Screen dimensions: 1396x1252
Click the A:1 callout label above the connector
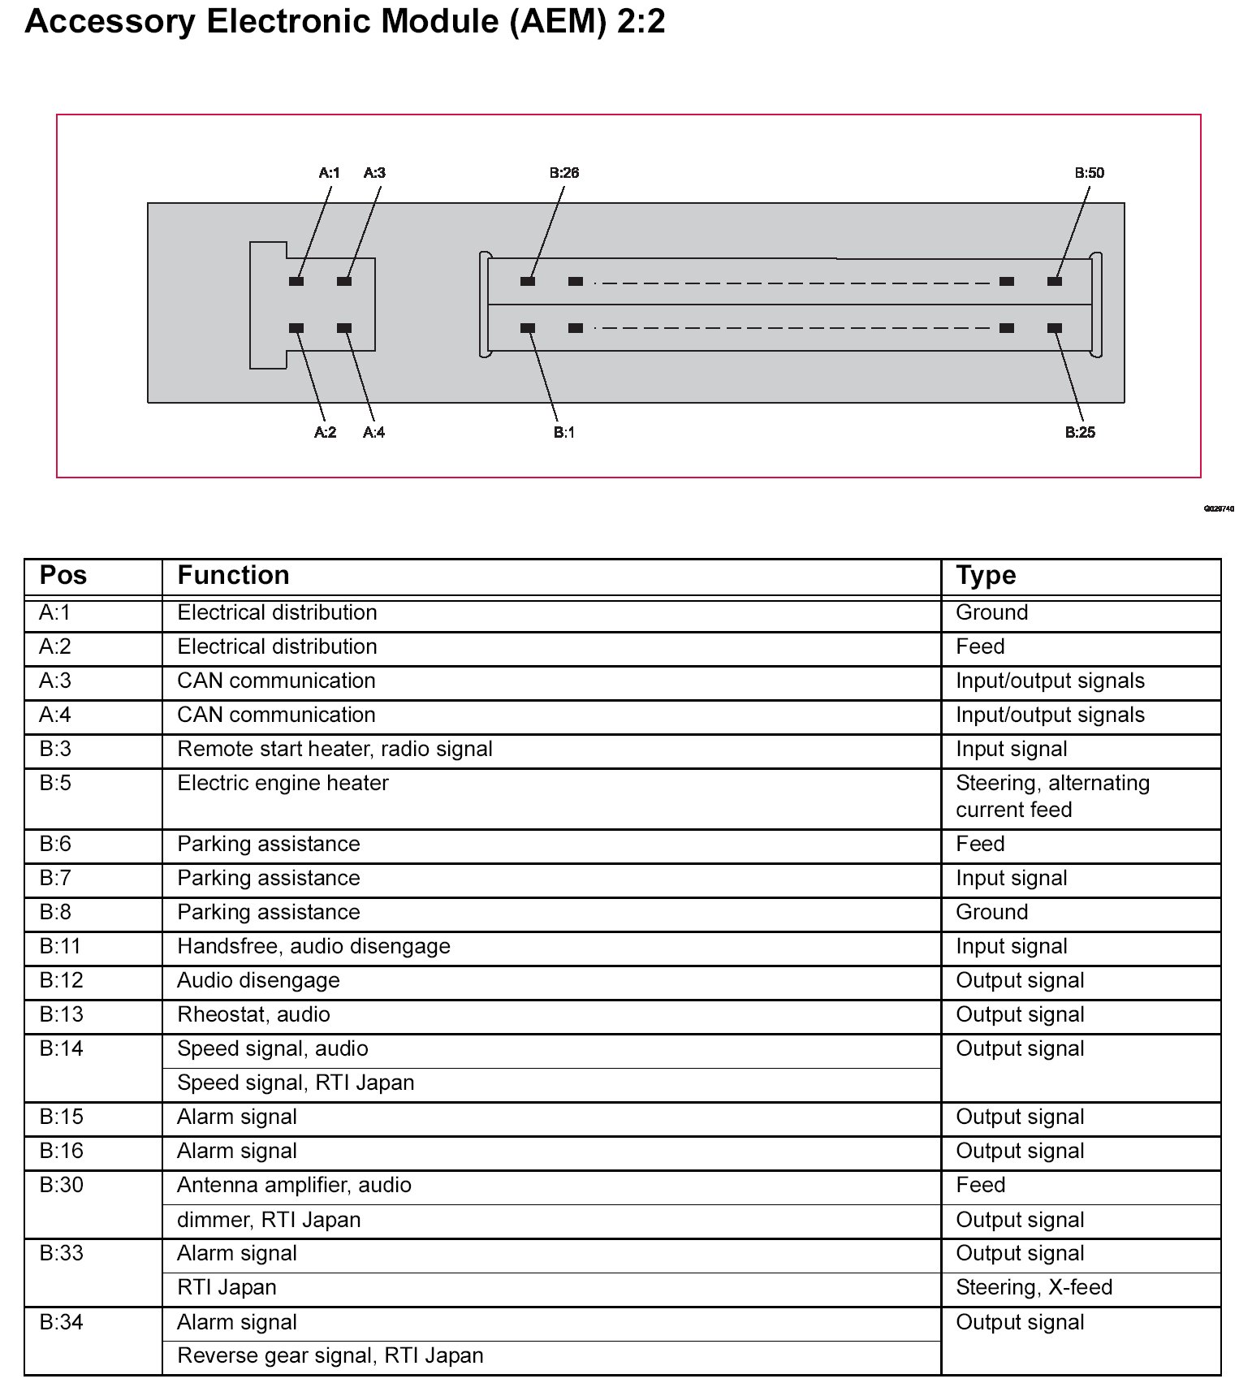[329, 173]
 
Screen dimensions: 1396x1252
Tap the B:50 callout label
[1089, 173]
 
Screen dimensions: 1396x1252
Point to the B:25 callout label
[1080, 433]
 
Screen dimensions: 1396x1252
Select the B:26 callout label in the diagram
[563, 173]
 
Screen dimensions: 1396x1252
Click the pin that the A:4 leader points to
[344, 329]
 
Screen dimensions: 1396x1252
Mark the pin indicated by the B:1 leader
[528, 329]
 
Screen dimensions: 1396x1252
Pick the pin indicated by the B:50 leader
[1055, 282]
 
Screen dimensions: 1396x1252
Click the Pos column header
[63, 576]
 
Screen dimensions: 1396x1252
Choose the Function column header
[233, 576]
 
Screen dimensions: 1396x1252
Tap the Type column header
[986, 576]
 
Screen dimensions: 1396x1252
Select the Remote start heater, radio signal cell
[335, 750]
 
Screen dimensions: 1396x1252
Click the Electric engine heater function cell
[283, 784]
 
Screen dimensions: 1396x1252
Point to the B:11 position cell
[61, 947]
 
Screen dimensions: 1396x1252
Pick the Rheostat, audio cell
[253, 1015]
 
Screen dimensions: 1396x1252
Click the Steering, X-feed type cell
[1034, 1288]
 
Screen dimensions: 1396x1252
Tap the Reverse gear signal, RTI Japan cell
[330, 1356]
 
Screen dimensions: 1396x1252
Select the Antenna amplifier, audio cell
[294, 1186]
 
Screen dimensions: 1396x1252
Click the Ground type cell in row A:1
[991, 613]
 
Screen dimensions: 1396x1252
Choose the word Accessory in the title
[110, 22]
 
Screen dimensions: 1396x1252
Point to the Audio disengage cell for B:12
[258, 981]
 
